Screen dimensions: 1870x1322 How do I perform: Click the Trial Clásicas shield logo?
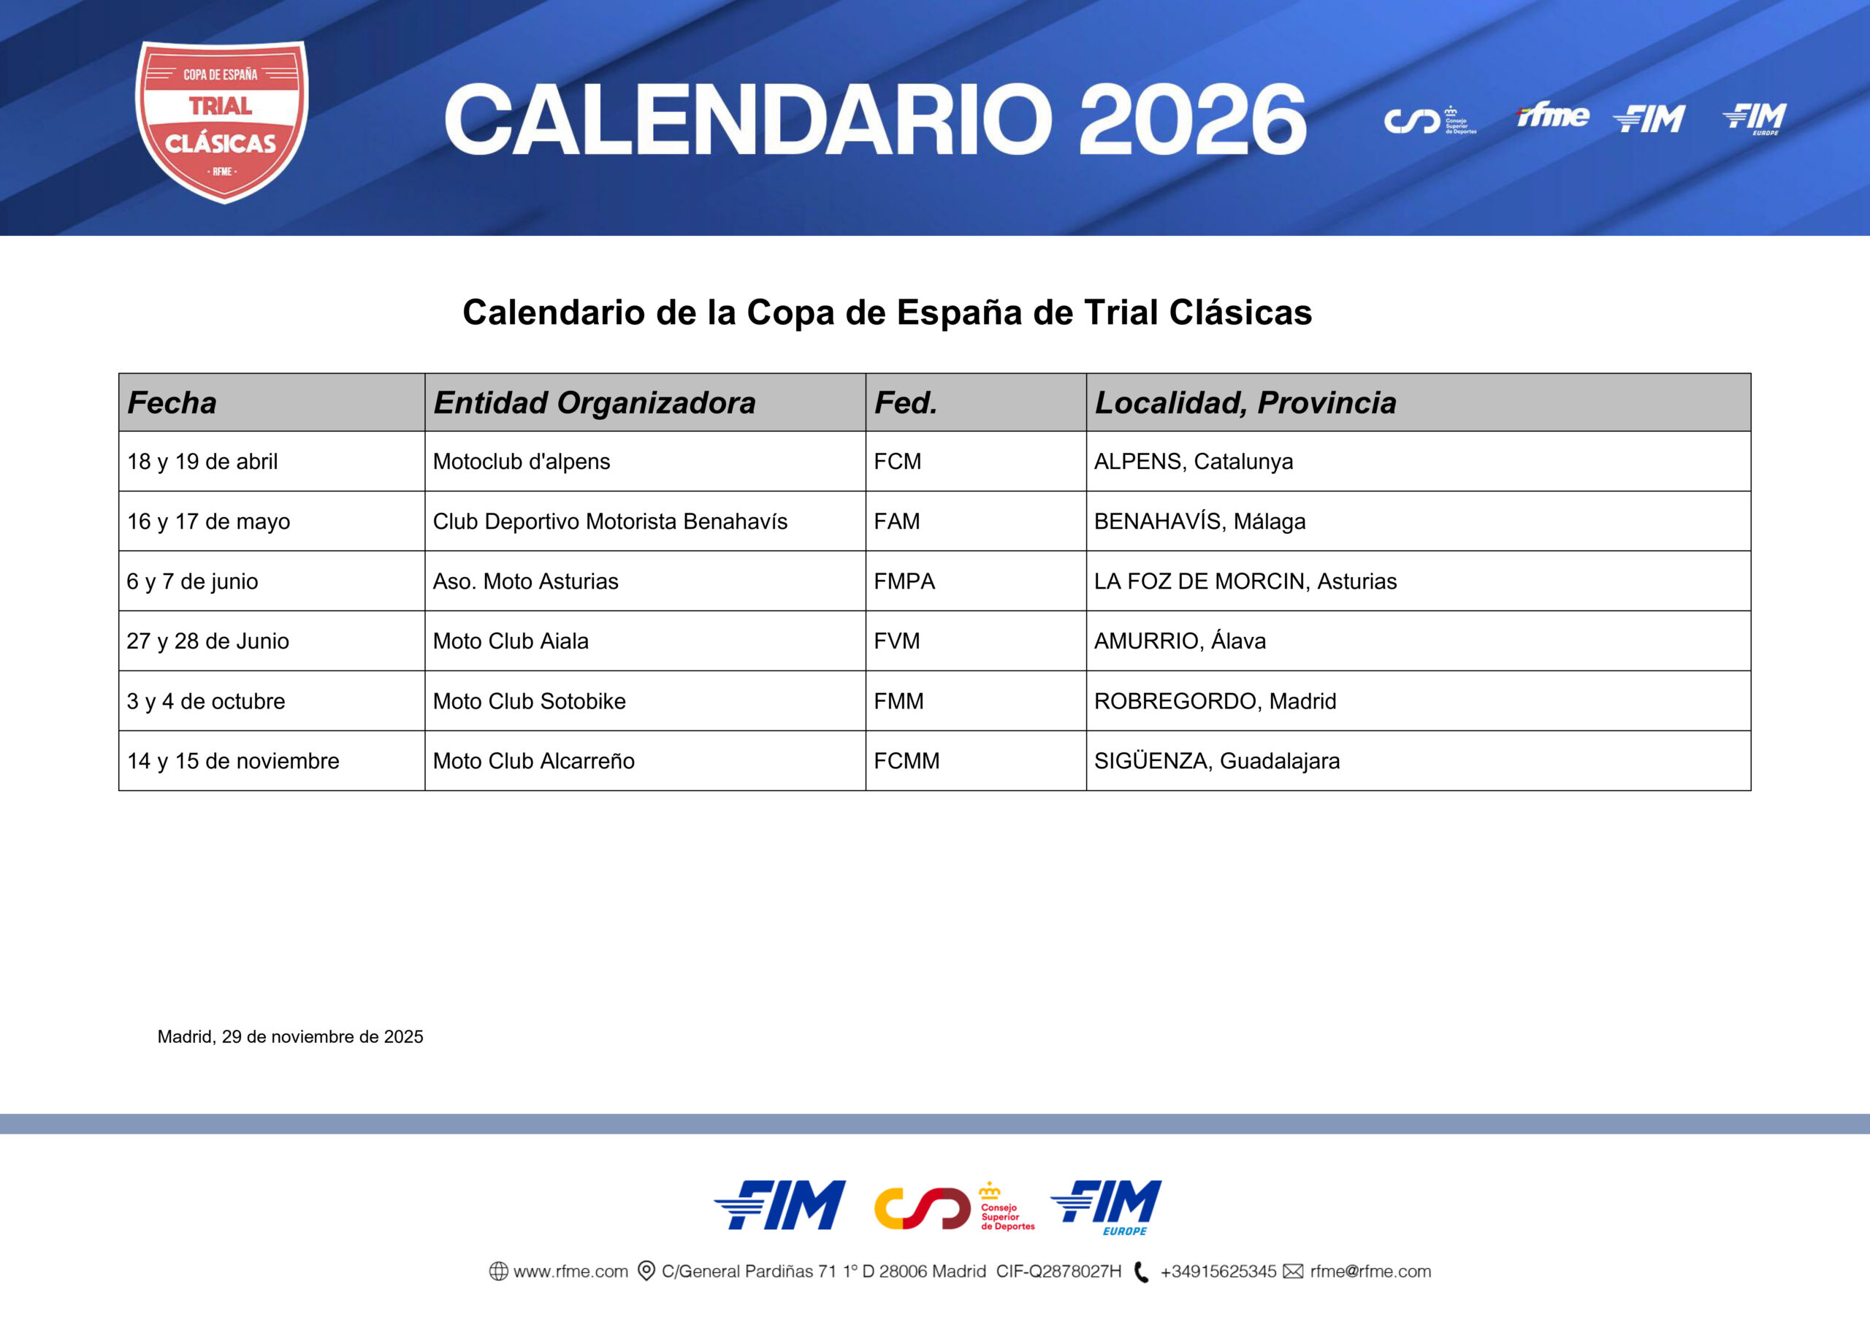pos(221,121)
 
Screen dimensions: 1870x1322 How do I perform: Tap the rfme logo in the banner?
pos(1552,115)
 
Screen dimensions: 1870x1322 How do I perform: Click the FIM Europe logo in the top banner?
pos(1755,119)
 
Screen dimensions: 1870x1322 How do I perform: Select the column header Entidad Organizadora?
pos(594,402)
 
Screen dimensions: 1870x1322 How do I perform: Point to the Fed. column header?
pos(905,402)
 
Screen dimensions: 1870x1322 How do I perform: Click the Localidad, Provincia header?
pos(1245,402)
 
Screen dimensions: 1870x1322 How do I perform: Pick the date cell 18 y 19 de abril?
pos(202,462)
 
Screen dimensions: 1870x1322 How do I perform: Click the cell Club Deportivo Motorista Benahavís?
pos(610,521)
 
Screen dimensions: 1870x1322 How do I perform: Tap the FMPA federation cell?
pos(904,581)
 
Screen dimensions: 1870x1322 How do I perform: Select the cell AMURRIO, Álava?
pos(1179,641)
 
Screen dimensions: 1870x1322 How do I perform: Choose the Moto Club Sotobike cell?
pos(530,701)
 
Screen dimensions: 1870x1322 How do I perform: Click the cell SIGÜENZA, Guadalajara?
pos(1217,761)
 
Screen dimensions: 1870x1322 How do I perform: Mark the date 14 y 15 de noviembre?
pos(233,761)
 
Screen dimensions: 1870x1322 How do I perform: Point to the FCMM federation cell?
pos(907,761)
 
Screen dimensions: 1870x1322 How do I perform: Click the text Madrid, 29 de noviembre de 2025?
pos(290,1037)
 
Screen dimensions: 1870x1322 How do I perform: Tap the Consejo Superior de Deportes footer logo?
pos(954,1207)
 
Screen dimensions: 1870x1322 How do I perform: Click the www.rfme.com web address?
pos(570,1272)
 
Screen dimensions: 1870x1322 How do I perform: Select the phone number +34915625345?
pos(1218,1272)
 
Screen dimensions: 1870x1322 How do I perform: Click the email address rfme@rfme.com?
pos(1370,1272)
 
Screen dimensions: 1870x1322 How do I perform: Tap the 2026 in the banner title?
pos(1192,119)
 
